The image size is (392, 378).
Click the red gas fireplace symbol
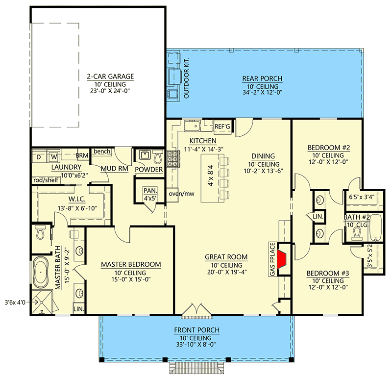click(x=282, y=259)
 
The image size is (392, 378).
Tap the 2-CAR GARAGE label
click(x=110, y=76)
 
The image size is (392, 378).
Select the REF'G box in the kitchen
click(x=223, y=127)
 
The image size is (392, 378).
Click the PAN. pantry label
click(x=147, y=191)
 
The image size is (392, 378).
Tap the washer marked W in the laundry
click(x=54, y=157)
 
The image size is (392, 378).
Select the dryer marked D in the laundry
click(x=39, y=157)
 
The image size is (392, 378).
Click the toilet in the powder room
click(x=156, y=157)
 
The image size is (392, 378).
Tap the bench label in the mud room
click(x=101, y=152)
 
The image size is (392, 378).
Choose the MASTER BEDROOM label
click(x=131, y=265)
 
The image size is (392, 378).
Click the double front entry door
click(x=196, y=311)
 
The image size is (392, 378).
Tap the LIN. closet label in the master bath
click(x=79, y=310)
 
